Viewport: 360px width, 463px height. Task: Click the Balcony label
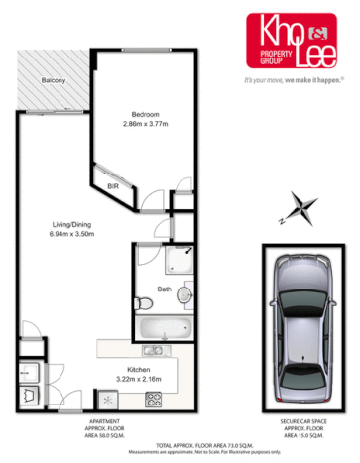point(54,78)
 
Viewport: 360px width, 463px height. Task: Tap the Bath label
point(165,289)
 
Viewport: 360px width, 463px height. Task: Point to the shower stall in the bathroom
point(180,259)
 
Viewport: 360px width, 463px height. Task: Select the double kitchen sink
point(153,350)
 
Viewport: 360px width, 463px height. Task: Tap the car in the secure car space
point(305,319)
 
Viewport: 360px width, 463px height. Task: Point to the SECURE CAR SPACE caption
point(304,422)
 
